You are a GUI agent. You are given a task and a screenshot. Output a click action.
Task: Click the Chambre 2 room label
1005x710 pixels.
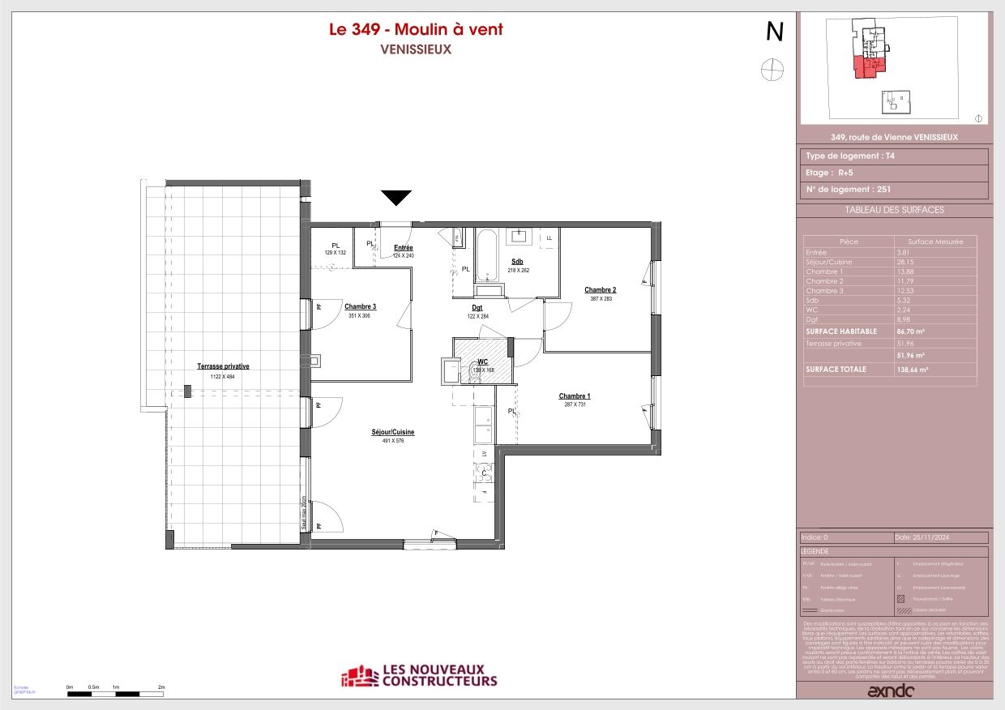click(601, 290)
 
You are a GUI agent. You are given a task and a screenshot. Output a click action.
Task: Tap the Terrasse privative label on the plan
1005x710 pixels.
click(223, 366)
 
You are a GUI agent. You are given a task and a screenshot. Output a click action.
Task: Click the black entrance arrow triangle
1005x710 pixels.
click(396, 198)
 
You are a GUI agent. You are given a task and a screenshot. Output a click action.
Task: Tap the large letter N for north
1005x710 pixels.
click(775, 32)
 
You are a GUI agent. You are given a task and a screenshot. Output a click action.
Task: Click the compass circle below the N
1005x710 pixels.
click(773, 70)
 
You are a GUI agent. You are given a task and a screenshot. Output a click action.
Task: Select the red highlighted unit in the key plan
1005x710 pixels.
click(870, 67)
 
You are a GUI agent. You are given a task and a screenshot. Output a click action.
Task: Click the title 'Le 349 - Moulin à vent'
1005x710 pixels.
click(416, 29)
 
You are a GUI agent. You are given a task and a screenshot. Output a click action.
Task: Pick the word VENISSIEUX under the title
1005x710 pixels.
click(416, 49)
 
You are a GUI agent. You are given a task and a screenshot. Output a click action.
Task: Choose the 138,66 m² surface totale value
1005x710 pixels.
click(912, 370)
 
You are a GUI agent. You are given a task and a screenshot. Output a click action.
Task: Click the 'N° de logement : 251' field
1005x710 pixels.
click(851, 190)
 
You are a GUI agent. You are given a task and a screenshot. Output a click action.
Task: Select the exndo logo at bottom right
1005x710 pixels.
click(891, 691)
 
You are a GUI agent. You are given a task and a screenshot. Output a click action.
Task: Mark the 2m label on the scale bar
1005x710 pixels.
click(161, 687)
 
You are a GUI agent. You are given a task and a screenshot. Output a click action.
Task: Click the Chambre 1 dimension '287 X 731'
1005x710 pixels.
click(575, 404)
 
